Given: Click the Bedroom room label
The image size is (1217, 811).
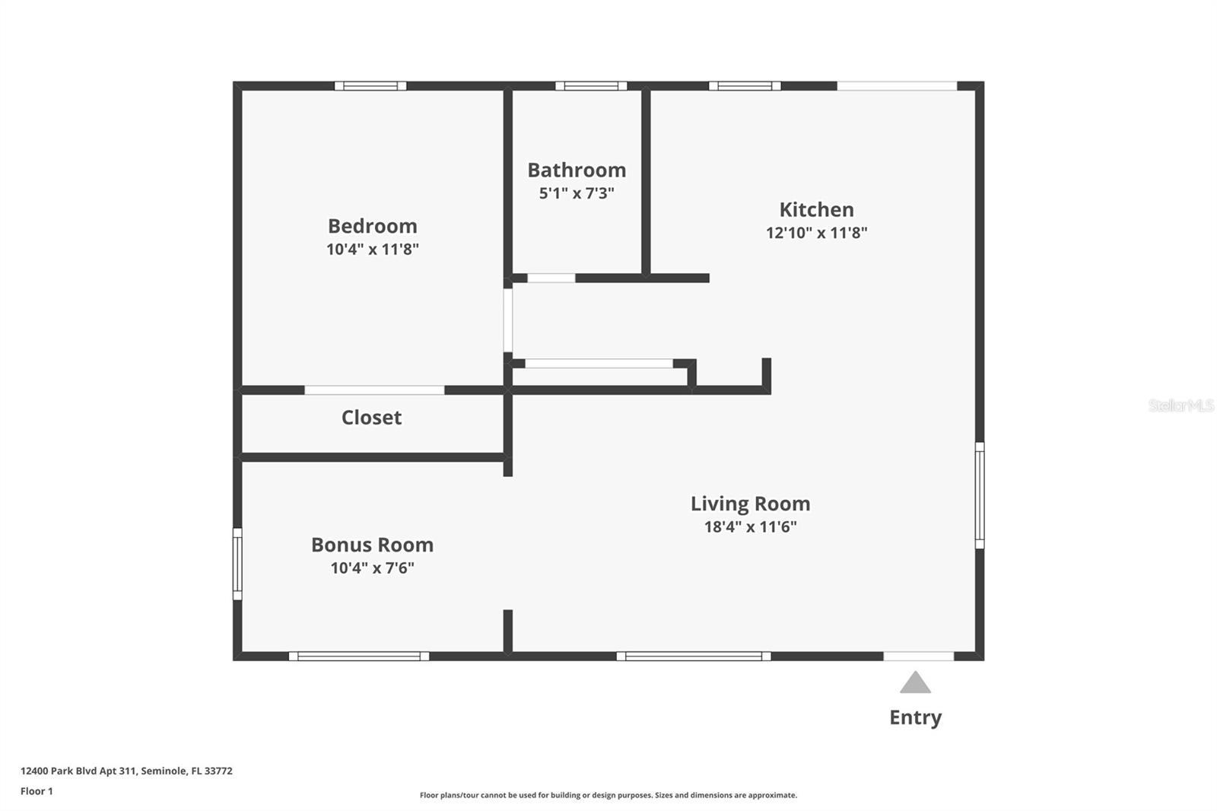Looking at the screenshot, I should click(372, 226).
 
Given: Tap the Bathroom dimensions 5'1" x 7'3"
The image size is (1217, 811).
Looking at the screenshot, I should click(577, 193).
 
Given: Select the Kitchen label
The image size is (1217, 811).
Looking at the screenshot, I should click(816, 209).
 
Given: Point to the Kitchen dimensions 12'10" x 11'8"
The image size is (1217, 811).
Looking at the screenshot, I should click(816, 233).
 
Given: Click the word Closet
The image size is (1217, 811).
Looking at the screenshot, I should click(371, 417).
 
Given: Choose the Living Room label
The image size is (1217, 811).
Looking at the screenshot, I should click(750, 504).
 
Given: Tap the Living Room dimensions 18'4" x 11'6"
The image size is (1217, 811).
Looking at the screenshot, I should click(750, 526).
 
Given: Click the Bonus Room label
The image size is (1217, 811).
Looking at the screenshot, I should click(372, 545).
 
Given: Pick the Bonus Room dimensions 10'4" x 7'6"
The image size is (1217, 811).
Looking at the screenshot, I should click(372, 568).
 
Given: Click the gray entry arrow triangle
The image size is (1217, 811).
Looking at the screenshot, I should click(915, 683).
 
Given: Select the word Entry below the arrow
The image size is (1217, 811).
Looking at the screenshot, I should click(915, 717).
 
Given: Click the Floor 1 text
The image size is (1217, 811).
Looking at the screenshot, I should click(37, 791).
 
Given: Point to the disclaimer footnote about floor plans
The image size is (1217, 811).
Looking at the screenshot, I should click(608, 795).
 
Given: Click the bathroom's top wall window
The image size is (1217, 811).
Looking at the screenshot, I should click(591, 86).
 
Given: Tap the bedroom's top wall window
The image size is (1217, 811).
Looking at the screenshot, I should click(370, 86).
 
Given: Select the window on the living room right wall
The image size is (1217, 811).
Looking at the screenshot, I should click(980, 495).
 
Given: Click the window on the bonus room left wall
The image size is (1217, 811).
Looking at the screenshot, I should click(237, 564).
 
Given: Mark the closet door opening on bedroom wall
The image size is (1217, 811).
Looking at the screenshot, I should click(374, 390).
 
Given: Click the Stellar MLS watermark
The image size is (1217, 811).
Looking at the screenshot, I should click(1180, 405).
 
